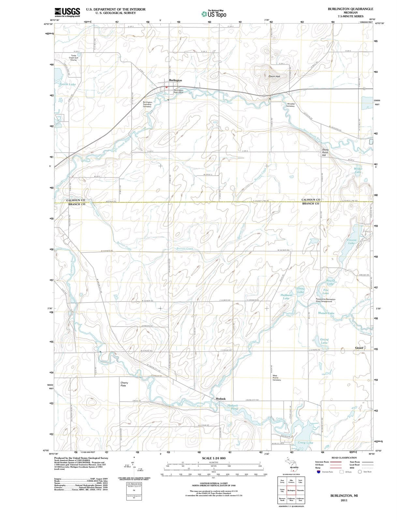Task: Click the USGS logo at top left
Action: [67, 12]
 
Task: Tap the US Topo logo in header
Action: [214, 14]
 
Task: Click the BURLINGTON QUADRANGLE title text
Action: [350, 9]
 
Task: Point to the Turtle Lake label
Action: [67, 84]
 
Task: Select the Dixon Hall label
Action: [274, 76]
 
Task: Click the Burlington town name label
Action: [175, 80]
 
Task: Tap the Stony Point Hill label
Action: [325, 152]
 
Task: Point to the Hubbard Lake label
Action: [286, 296]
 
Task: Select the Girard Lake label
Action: [324, 341]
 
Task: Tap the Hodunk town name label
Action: [221, 399]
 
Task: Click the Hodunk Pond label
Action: [232, 407]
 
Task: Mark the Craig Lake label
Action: [305, 443]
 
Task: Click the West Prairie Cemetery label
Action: [277, 378]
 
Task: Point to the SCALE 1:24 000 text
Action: [213, 458]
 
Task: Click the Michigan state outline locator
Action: [291, 465]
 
